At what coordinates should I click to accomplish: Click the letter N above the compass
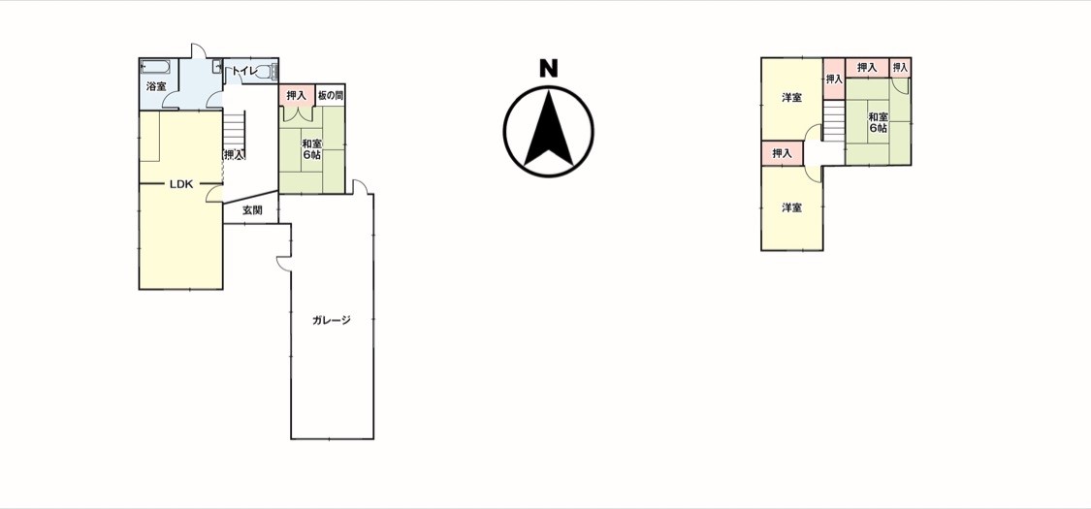pos(549,68)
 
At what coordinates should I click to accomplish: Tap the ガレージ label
pos(332,321)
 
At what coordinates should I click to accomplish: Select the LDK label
pos(181,184)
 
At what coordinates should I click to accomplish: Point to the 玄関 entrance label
pos(252,210)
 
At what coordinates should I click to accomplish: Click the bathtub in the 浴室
pos(154,67)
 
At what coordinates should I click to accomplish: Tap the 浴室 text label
pos(156,87)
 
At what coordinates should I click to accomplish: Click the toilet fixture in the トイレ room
pos(273,71)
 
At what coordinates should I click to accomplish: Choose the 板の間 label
pos(331,95)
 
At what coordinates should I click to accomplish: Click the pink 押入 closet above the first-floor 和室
pos(297,95)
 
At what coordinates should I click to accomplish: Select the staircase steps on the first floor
pos(235,128)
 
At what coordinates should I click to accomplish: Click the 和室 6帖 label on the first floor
pos(311,149)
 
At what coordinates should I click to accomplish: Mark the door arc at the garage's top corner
pos(360,185)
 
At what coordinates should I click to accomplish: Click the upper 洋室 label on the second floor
pos(791,98)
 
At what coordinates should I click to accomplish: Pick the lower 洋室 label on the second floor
pos(791,207)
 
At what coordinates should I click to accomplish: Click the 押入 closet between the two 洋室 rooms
pos(782,153)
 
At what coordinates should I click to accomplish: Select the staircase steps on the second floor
pos(834,121)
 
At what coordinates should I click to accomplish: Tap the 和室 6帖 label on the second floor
pos(878,122)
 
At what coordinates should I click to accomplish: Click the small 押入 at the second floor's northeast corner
pos(900,68)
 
